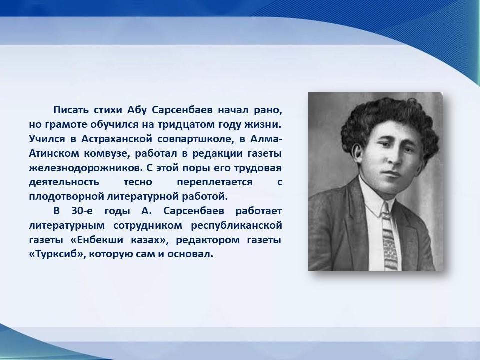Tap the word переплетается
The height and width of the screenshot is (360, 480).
pos(215,182)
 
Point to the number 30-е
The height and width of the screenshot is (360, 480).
pos(82,211)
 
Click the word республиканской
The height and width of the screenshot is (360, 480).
pos(236,225)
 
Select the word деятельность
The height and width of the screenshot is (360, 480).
pos(64,182)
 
